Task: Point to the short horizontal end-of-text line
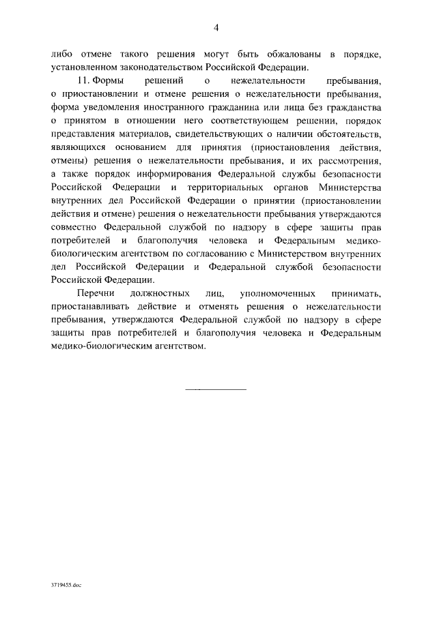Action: click(x=216, y=389)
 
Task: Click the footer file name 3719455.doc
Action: click(x=67, y=585)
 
